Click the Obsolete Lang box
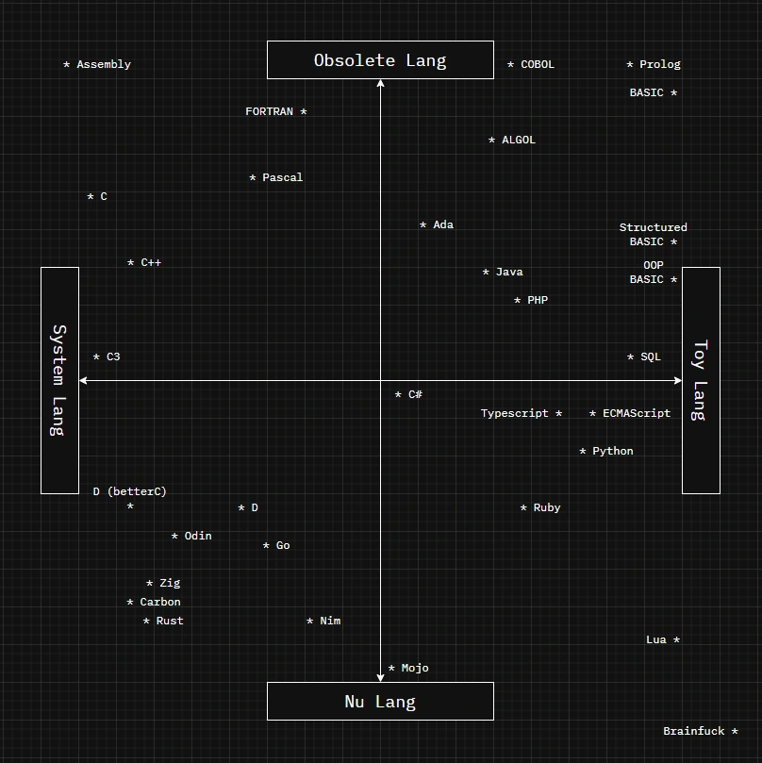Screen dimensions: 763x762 [380, 60]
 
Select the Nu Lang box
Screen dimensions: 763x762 [380, 702]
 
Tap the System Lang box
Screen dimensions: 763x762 [59, 380]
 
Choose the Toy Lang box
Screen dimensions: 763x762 [701, 380]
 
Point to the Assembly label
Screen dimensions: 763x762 [103, 65]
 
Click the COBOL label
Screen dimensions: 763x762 [538, 65]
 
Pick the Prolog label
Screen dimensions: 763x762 [659, 65]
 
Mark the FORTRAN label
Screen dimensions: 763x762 [270, 112]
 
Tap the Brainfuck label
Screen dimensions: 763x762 [694, 732]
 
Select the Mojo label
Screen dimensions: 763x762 [415, 669]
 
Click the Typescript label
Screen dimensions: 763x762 [515, 414]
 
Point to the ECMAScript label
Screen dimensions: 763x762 [637, 414]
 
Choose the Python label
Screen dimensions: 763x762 [613, 452]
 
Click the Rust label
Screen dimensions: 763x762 [170, 622]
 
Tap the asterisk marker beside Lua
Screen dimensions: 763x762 [677, 640]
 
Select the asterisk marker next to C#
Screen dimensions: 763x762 [398, 395]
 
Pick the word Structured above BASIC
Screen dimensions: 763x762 [653, 228]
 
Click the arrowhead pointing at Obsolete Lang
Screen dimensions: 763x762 [380, 84]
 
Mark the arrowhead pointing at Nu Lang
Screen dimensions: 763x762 [380, 676]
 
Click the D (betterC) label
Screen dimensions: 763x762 [129, 492]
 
